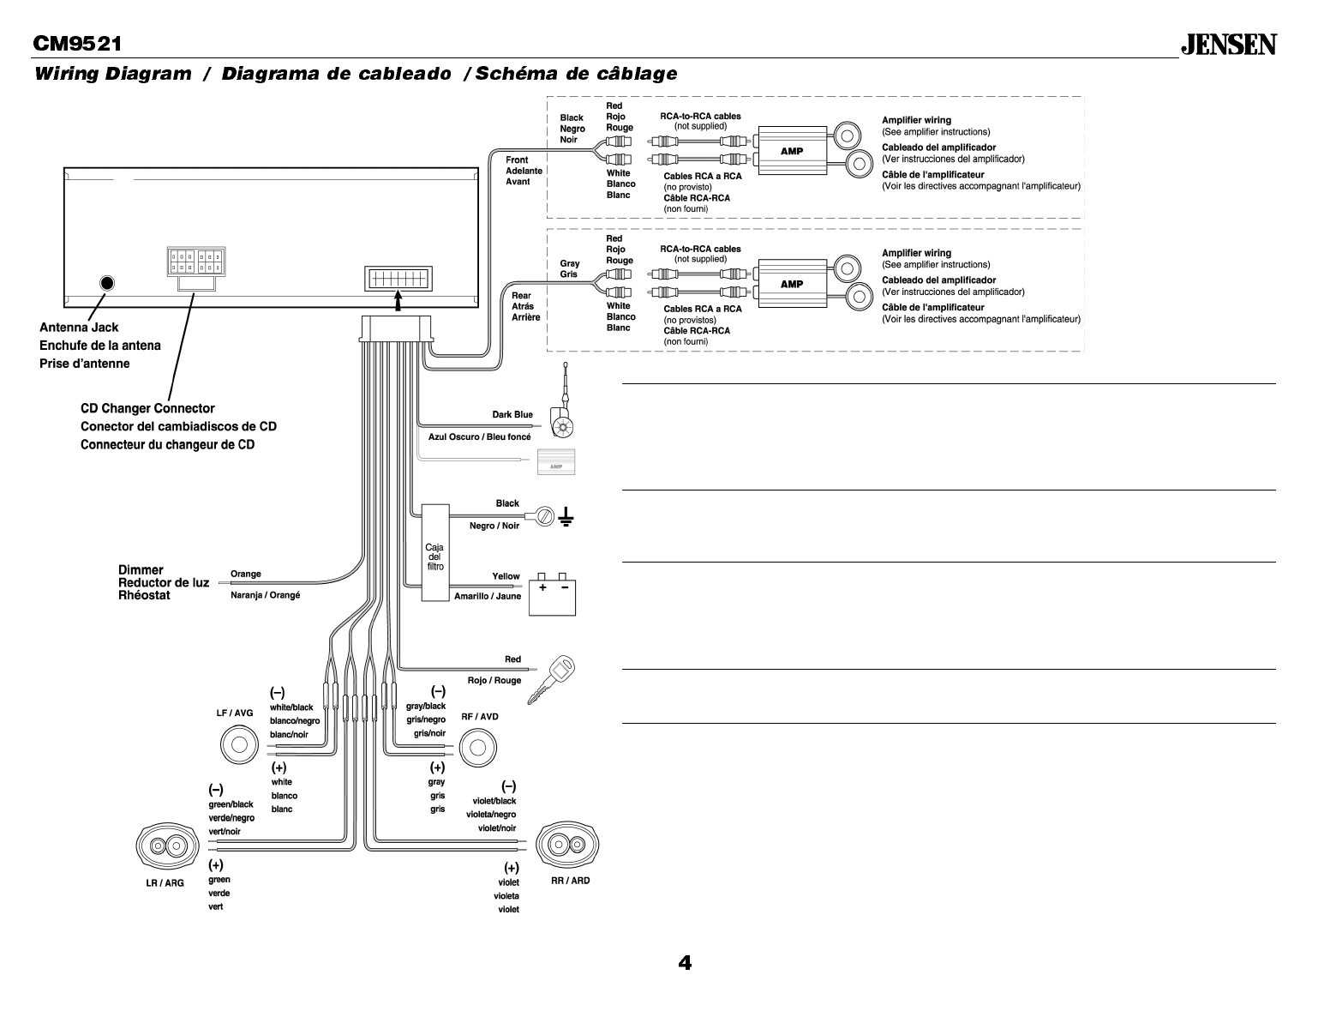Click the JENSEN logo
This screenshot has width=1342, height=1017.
(1229, 45)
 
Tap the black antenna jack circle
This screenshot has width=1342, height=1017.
(107, 283)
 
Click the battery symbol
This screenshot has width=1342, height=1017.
(552, 594)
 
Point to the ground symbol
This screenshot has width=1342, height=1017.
(566, 516)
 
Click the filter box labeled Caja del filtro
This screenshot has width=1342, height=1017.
(434, 552)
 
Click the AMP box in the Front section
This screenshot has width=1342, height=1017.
(792, 151)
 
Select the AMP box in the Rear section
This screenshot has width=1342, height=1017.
(792, 284)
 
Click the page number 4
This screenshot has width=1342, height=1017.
(685, 963)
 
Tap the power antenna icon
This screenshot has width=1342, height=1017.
(562, 412)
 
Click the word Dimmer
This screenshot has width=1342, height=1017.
(141, 569)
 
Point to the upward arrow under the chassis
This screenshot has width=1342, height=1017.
(398, 299)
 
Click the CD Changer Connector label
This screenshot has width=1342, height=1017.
(147, 408)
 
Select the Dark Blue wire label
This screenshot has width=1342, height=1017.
(512, 415)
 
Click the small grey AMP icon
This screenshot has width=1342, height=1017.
(555, 462)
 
